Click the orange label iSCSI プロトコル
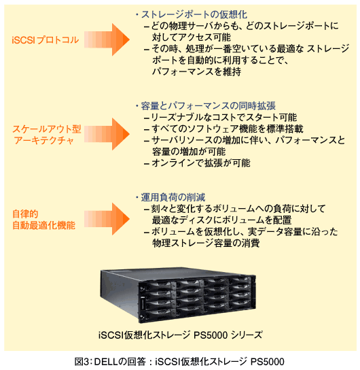(46, 40)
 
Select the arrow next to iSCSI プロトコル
(107, 39)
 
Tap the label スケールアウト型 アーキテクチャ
(47, 135)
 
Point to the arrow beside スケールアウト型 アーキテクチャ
(107, 134)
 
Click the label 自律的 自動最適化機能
(44, 220)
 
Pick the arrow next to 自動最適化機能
(107, 219)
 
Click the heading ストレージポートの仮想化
(194, 15)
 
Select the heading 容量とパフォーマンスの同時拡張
(209, 106)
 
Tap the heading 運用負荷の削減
(173, 197)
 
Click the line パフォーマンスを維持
(197, 71)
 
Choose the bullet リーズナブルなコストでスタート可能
(221, 117)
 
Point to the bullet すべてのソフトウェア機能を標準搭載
(224, 129)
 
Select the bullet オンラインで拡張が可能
(198, 163)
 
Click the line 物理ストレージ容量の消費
(206, 243)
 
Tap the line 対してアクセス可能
(192, 37)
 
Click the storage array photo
(178, 295)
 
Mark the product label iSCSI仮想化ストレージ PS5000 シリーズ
(180, 335)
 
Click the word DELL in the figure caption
(106, 362)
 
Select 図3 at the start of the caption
(82, 362)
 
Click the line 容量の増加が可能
(189, 152)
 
